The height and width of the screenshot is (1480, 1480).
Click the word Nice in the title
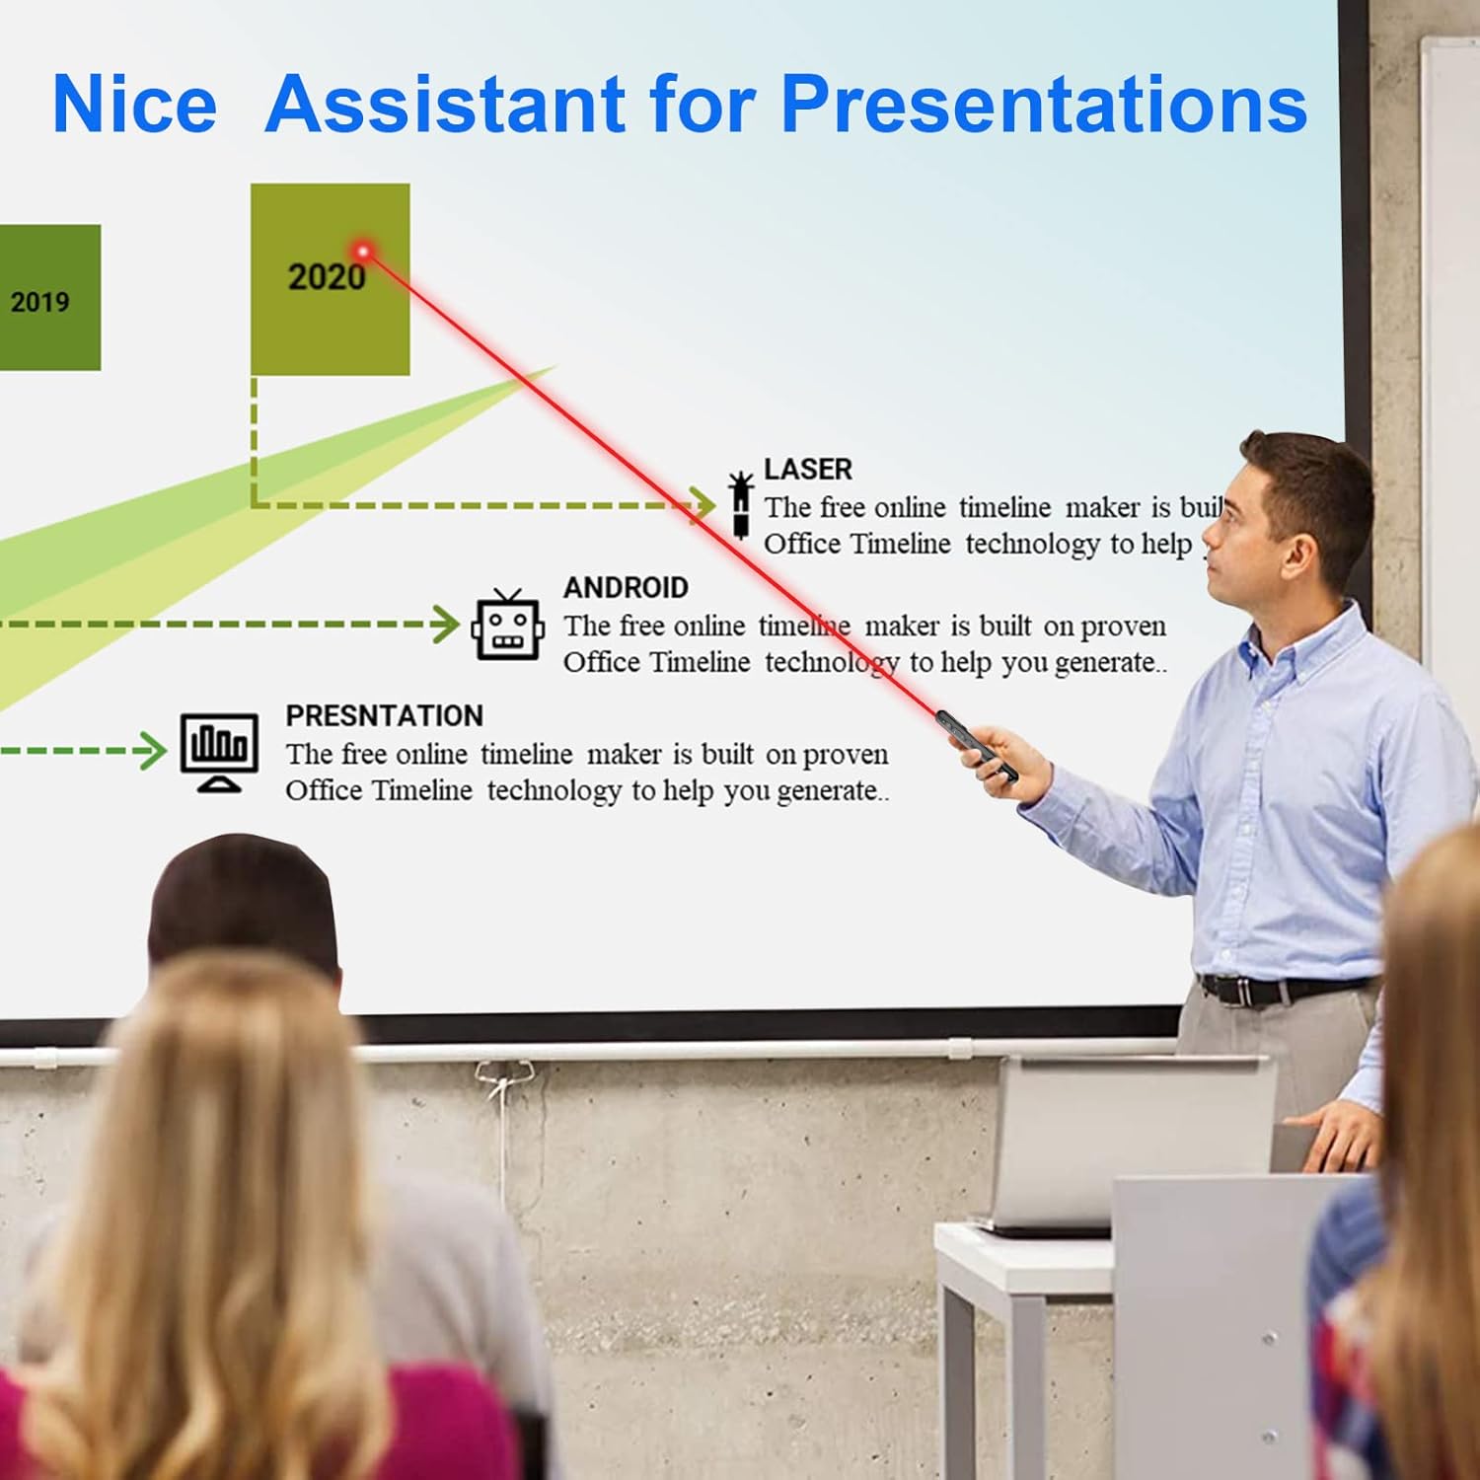tap(134, 105)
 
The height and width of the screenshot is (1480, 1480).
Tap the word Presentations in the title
tap(1043, 105)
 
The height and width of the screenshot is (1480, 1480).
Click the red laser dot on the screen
tap(363, 252)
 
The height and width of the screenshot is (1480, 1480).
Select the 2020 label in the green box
tap(326, 277)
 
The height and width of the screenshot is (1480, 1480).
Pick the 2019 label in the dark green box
tap(39, 302)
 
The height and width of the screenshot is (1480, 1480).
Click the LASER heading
tap(807, 470)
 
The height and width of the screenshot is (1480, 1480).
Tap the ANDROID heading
tap(626, 588)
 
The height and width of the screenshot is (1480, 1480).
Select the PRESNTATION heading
tap(384, 716)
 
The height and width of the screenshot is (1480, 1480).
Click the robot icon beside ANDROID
tap(507, 626)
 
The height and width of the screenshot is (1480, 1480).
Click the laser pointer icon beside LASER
tap(740, 504)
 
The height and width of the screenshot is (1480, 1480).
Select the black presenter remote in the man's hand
tap(975, 746)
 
